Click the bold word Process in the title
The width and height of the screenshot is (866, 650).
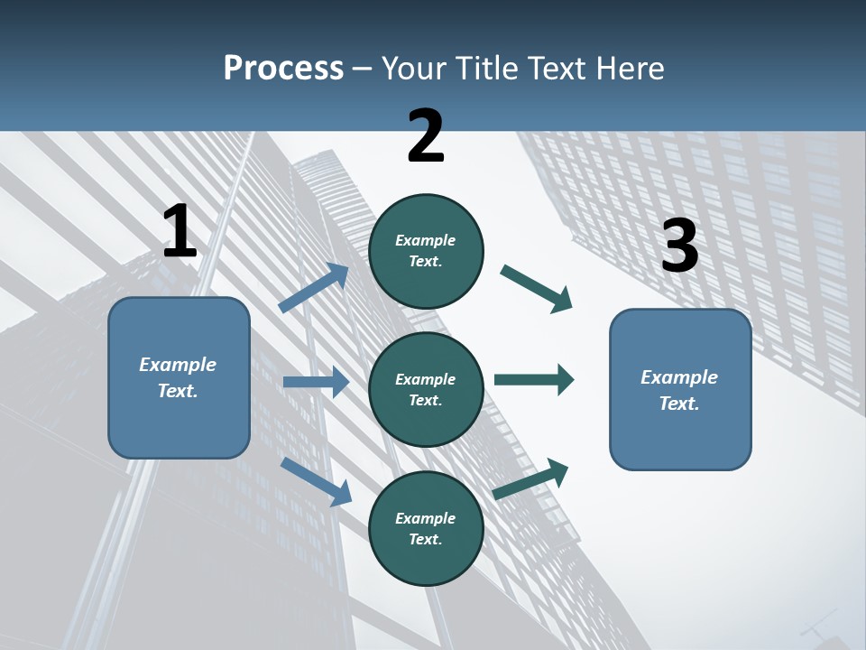283,69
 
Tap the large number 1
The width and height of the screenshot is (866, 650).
180,232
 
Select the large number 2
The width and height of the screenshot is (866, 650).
426,136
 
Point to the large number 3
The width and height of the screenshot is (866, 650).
679,246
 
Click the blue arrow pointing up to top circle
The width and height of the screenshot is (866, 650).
314,288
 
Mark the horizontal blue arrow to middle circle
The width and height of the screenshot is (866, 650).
316,382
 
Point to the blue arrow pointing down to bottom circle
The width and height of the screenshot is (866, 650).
316,480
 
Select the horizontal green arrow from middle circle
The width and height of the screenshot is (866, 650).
534,379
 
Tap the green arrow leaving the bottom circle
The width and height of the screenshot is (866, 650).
530,479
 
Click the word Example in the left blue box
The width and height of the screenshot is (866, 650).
178,365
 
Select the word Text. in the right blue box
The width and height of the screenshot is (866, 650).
679,404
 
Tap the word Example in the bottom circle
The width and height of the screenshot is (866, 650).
426,518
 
